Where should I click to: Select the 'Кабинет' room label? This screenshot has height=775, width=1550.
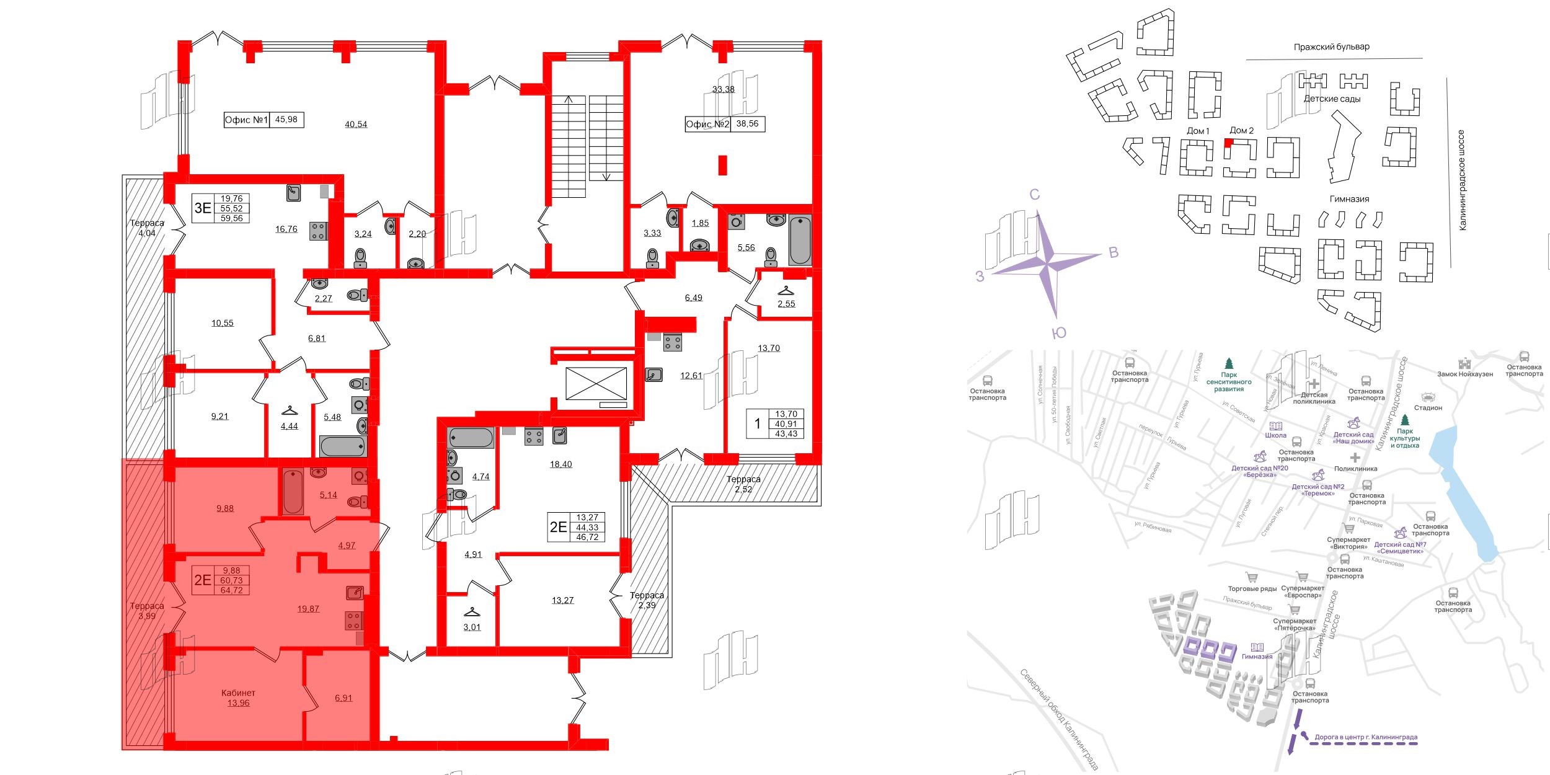tap(238, 693)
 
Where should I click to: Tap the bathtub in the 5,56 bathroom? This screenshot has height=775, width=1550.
tap(800, 240)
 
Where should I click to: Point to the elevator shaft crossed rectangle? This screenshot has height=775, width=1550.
tap(596, 383)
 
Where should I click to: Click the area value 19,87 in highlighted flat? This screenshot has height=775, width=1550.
tap(308, 609)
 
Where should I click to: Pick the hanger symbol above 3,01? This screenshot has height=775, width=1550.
tap(472, 611)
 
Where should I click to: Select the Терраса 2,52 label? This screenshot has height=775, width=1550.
tap(743, 484)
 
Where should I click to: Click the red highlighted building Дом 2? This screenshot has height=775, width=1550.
tap(1228, 143)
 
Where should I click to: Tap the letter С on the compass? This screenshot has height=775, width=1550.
tap(1034, 195)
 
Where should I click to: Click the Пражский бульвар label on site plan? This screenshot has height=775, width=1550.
tap(1331, 47)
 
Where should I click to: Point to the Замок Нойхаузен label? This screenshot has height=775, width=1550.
tap(1465, 374)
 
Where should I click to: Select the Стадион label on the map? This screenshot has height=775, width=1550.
tap(1428, 407)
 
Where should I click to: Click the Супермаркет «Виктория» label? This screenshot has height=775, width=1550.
tap(1348, 543)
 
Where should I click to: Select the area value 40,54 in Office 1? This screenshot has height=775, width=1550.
tap(356, 125)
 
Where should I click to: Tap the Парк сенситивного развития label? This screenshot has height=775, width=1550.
tap(1229, 382)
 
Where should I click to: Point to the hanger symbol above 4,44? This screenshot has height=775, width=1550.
tap(289, 410)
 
